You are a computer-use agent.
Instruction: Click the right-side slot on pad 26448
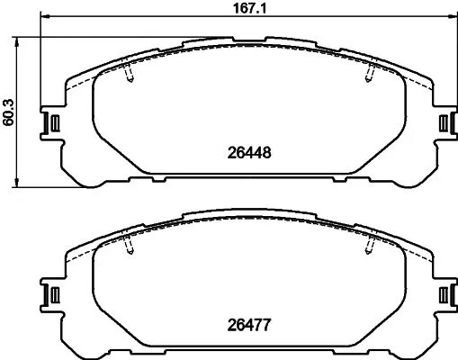coord(442,122)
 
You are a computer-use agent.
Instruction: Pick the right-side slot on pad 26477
coord(442,294)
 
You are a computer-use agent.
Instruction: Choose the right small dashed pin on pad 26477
coord(369,244)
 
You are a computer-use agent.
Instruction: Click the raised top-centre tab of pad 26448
coord(247,41)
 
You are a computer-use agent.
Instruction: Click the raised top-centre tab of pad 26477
coord(247,216)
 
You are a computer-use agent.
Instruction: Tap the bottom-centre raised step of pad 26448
coord(247,178)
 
